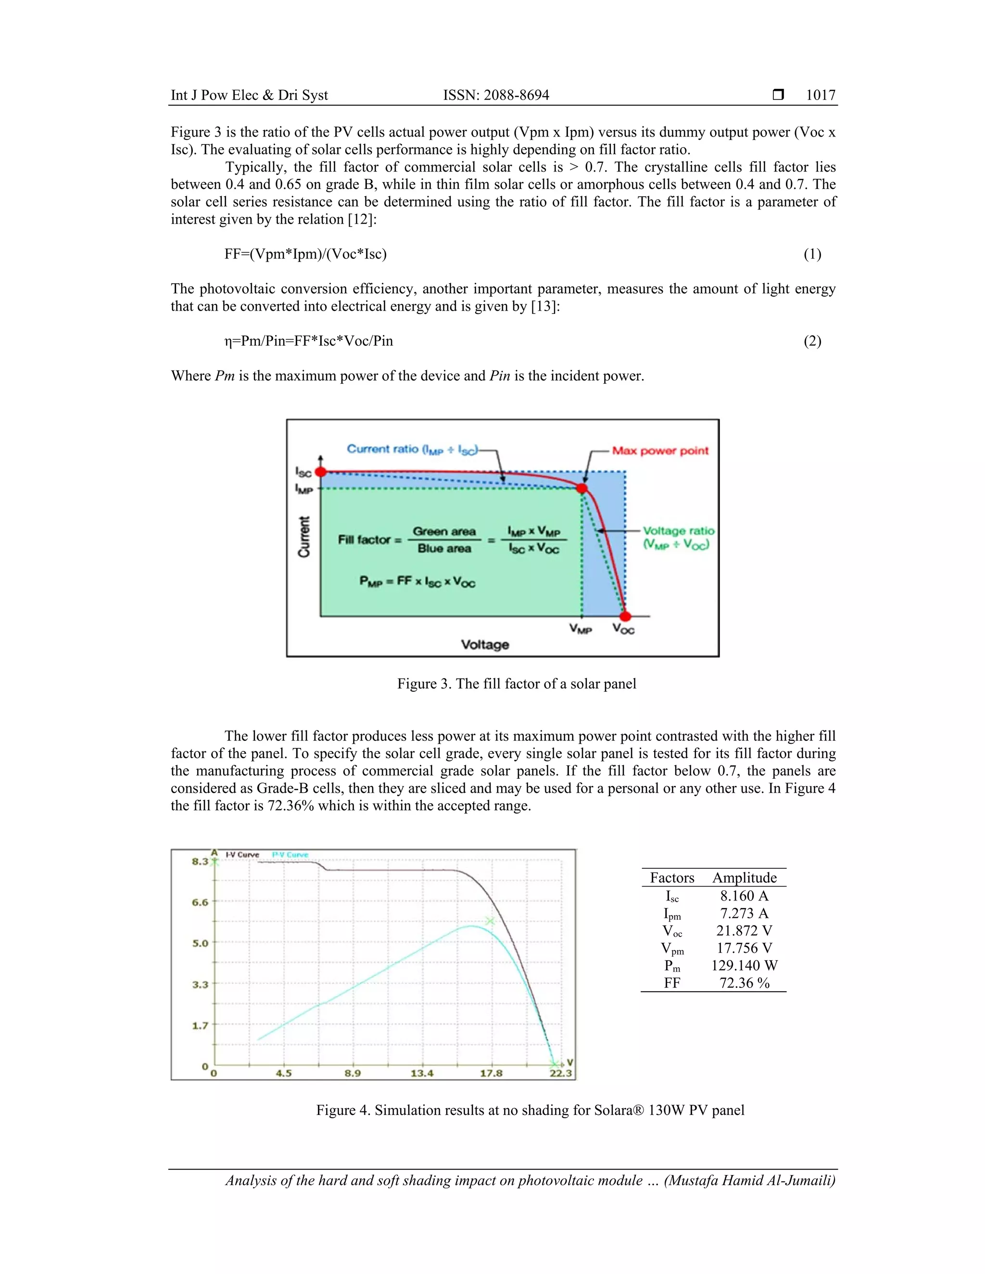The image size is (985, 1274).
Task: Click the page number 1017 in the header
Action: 821,95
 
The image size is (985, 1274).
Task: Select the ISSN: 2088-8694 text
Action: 496,95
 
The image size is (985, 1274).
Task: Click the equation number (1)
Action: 812,254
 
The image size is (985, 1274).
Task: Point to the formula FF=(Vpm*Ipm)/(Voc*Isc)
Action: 305,254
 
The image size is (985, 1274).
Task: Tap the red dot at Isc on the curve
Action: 320,472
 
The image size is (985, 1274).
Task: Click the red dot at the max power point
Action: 582,488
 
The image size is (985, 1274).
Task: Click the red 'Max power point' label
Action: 660,451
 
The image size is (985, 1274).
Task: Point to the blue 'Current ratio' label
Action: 412,449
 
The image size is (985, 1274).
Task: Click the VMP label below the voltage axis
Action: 581,629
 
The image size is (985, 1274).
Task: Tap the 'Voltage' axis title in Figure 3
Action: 485,645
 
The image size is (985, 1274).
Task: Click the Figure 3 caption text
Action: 517,684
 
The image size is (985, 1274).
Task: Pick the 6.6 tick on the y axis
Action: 200,902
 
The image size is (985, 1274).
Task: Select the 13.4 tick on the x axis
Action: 422,1074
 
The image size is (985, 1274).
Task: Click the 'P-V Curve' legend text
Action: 290,855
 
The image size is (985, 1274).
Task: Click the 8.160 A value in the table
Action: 744,896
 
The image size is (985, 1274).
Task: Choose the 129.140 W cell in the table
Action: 744,965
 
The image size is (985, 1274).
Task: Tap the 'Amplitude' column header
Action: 745,878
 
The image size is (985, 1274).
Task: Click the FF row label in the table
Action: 671,983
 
